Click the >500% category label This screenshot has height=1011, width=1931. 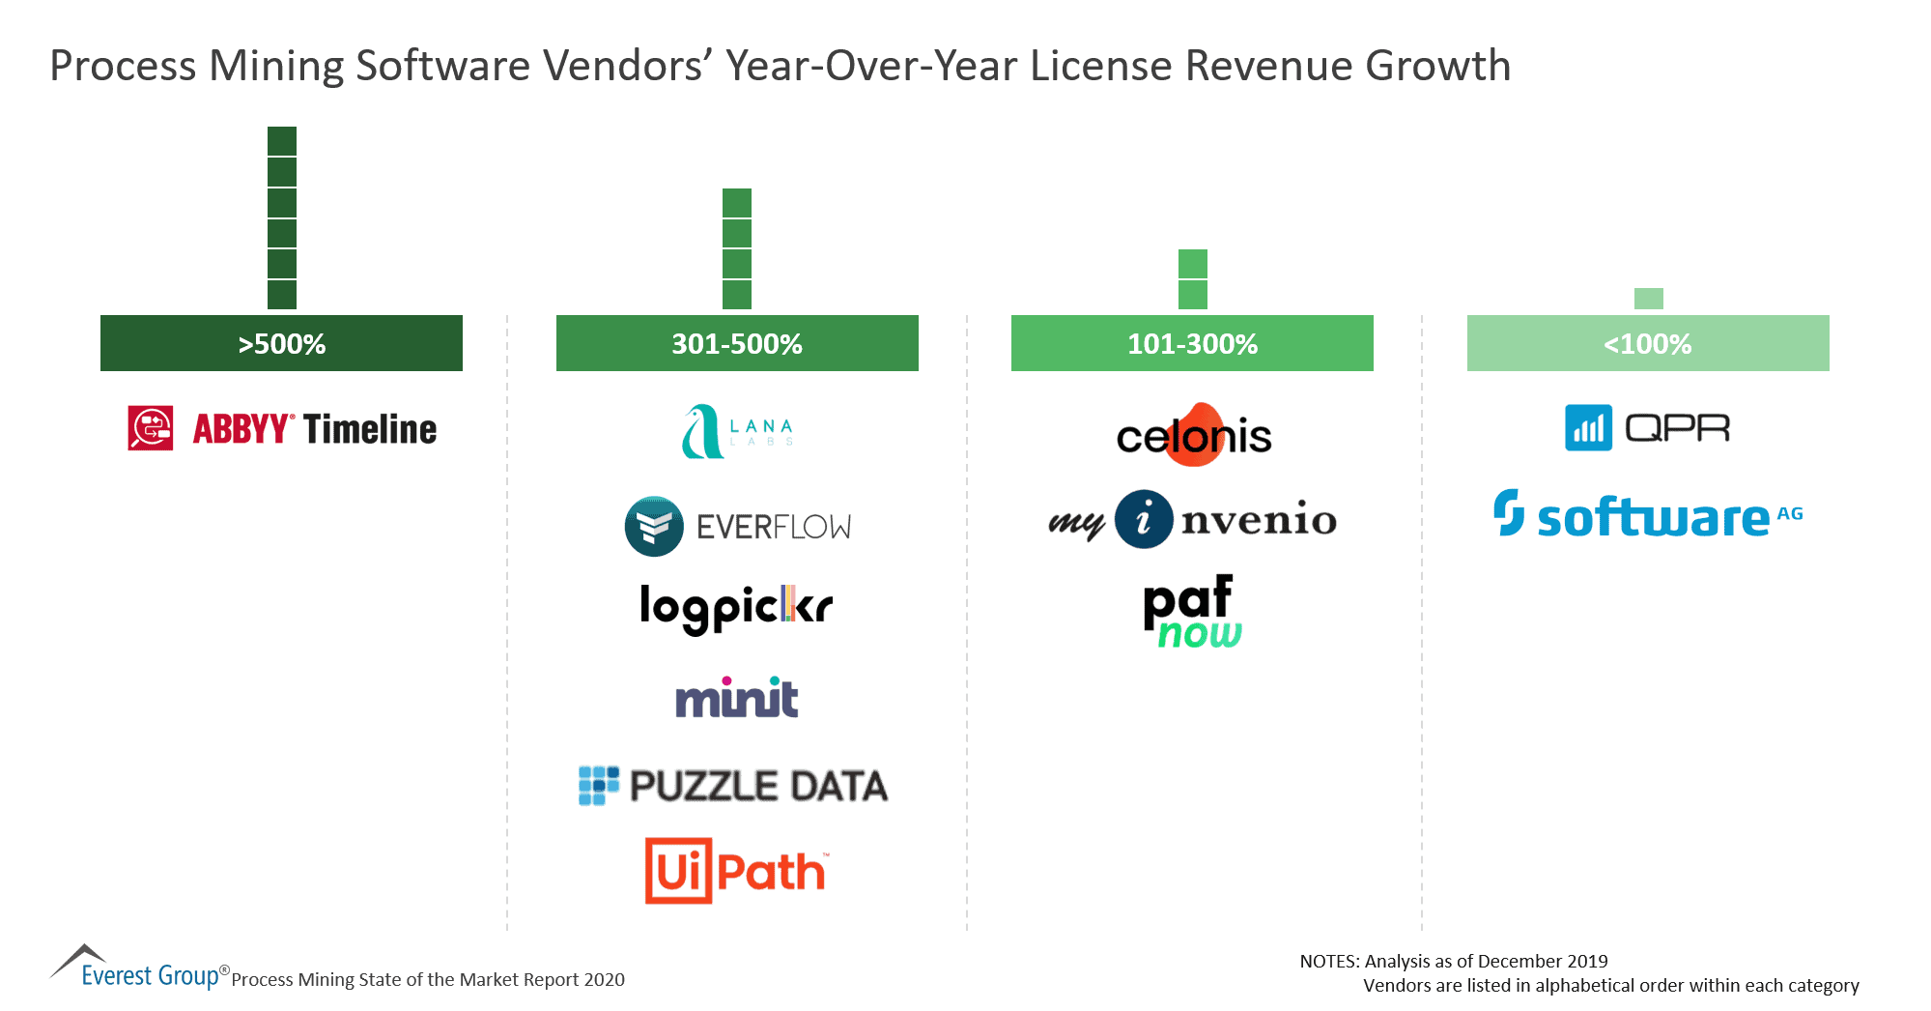281,343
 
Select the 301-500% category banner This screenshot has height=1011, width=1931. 737,343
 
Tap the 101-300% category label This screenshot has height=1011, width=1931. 1192,343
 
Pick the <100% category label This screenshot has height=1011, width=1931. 1647,343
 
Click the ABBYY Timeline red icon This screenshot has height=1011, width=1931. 151,428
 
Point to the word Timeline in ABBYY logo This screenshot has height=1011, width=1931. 370,429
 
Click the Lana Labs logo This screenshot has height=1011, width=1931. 737,431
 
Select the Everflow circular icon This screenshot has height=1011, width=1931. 654,527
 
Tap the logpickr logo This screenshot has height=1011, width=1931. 736,607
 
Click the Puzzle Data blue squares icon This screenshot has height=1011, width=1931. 598,786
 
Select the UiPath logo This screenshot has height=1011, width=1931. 736,871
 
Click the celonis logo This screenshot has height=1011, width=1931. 1194,436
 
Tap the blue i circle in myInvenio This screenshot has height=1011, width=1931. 1144,519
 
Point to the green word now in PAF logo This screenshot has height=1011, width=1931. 1199,634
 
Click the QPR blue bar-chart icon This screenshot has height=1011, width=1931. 1588,428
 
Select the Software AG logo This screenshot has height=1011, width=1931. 1647,515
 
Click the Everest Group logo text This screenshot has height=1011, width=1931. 150,975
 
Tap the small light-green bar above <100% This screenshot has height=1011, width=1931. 1648,298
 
